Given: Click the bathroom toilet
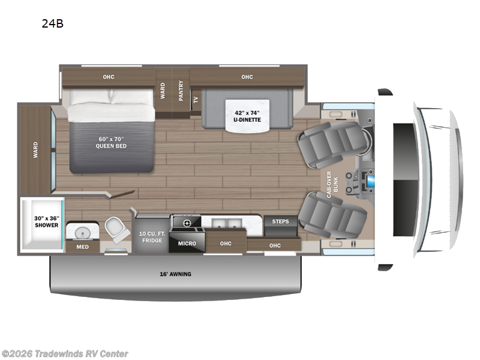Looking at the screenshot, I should (115, 227).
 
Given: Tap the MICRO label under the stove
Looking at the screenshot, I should (187, 244).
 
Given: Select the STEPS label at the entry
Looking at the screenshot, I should (280, 221).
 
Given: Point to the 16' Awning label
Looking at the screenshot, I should (175, 274).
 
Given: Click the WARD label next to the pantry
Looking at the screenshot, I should (163, 92).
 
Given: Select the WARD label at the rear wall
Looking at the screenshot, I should (35, 148).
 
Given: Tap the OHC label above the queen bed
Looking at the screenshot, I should (109, 77).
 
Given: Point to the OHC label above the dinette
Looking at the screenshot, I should (247, 77).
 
